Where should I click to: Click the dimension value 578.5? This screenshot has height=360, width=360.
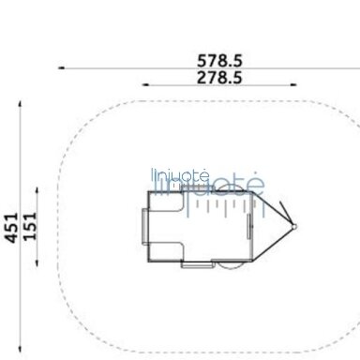point(219,60)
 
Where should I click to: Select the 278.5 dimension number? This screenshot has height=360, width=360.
point(219,77)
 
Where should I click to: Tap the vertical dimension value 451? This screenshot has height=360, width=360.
point(11,228)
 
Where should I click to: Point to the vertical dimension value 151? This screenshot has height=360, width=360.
point(31,226)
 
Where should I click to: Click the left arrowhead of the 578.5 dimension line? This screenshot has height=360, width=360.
point(62,67)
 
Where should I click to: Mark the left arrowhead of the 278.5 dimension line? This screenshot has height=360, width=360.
point(145,84)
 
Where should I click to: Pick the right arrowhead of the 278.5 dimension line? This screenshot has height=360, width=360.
point(293,84)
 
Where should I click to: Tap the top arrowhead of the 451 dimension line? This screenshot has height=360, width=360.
point(21,104)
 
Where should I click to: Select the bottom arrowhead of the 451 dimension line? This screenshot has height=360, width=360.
point(21,349)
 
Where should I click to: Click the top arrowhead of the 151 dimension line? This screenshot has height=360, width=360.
point(37,190)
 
